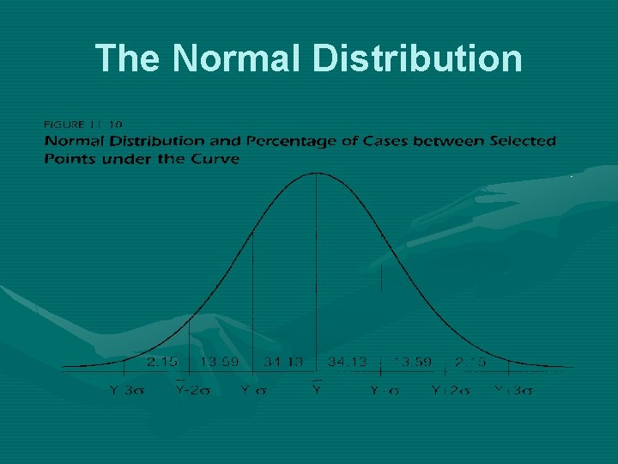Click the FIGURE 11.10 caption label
[x=83, y=124]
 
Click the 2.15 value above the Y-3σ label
[x=162, y=363]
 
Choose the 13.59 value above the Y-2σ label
[x=220, y=363]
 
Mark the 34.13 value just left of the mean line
[x=283, y=363]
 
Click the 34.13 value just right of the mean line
[x=348, y=363]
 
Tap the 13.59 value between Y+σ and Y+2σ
[x=412, y=363]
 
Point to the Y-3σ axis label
[x=126, y=391]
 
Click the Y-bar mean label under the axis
[x=317, y=390]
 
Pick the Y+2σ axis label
[x=450, y=391]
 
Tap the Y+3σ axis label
[x=513, y=391]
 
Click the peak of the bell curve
[x=317, y=174]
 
